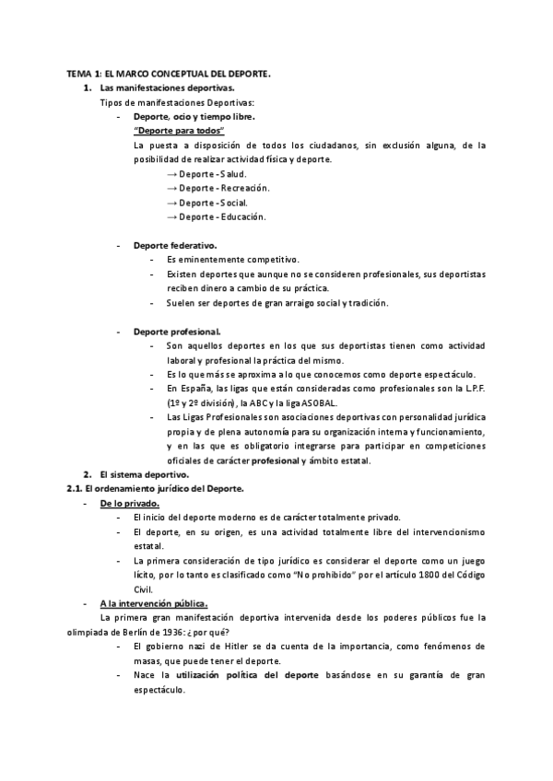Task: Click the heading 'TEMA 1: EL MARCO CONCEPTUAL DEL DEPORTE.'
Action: pyautogui.click(x=168, y=73)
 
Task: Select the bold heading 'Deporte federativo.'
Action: pyautogui.click(x=175, y=246)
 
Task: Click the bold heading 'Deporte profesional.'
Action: pyautogui.click(x=177, y=331)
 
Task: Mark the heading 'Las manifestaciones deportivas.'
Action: pyautogui.click(x=154, y=87)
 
